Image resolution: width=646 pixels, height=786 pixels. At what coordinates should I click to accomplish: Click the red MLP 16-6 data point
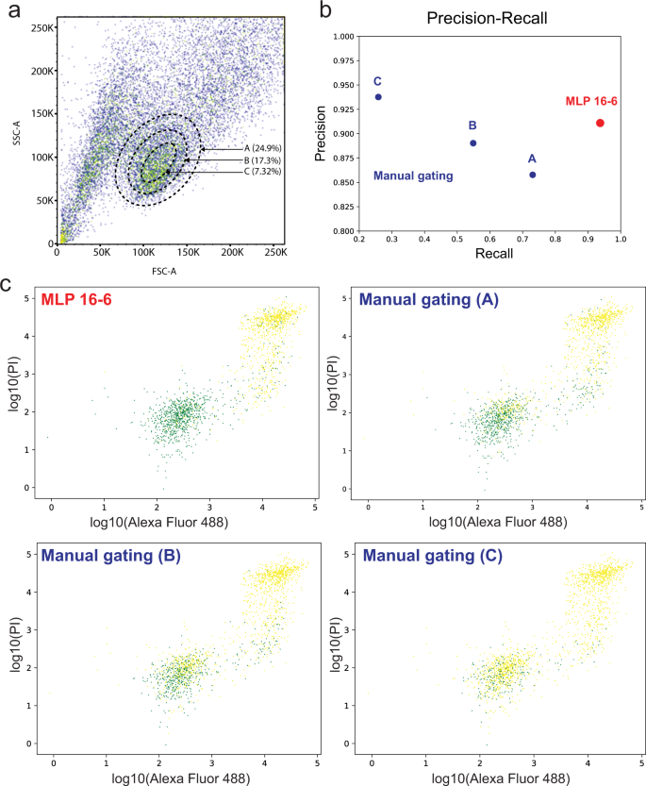coord(600,123)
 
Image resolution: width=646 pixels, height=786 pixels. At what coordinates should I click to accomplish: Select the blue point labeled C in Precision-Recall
coord(378,96)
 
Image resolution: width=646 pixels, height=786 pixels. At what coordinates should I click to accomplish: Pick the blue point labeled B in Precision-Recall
coord(473,143)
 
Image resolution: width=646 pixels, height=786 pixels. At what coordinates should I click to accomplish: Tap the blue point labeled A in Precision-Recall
coord(533,175)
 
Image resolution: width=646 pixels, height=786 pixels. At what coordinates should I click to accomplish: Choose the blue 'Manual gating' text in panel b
coord(414,176)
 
